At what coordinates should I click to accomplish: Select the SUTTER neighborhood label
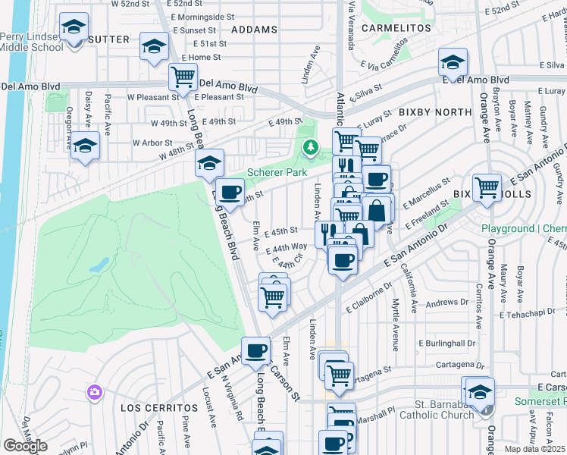(x=109, y=39)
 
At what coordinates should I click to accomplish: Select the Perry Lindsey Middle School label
(x=32, y=42)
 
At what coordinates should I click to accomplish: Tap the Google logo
(x=25, y=446)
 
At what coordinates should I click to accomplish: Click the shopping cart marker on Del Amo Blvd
(x=183, y=77)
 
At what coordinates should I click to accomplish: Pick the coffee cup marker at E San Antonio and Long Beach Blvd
(x=256, y=350)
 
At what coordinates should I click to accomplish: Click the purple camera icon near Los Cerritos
(x=94, y=392)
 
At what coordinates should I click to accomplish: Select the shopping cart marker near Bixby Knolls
(x=486, y=187)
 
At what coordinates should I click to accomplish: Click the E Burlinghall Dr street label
(x=446, y=342)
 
